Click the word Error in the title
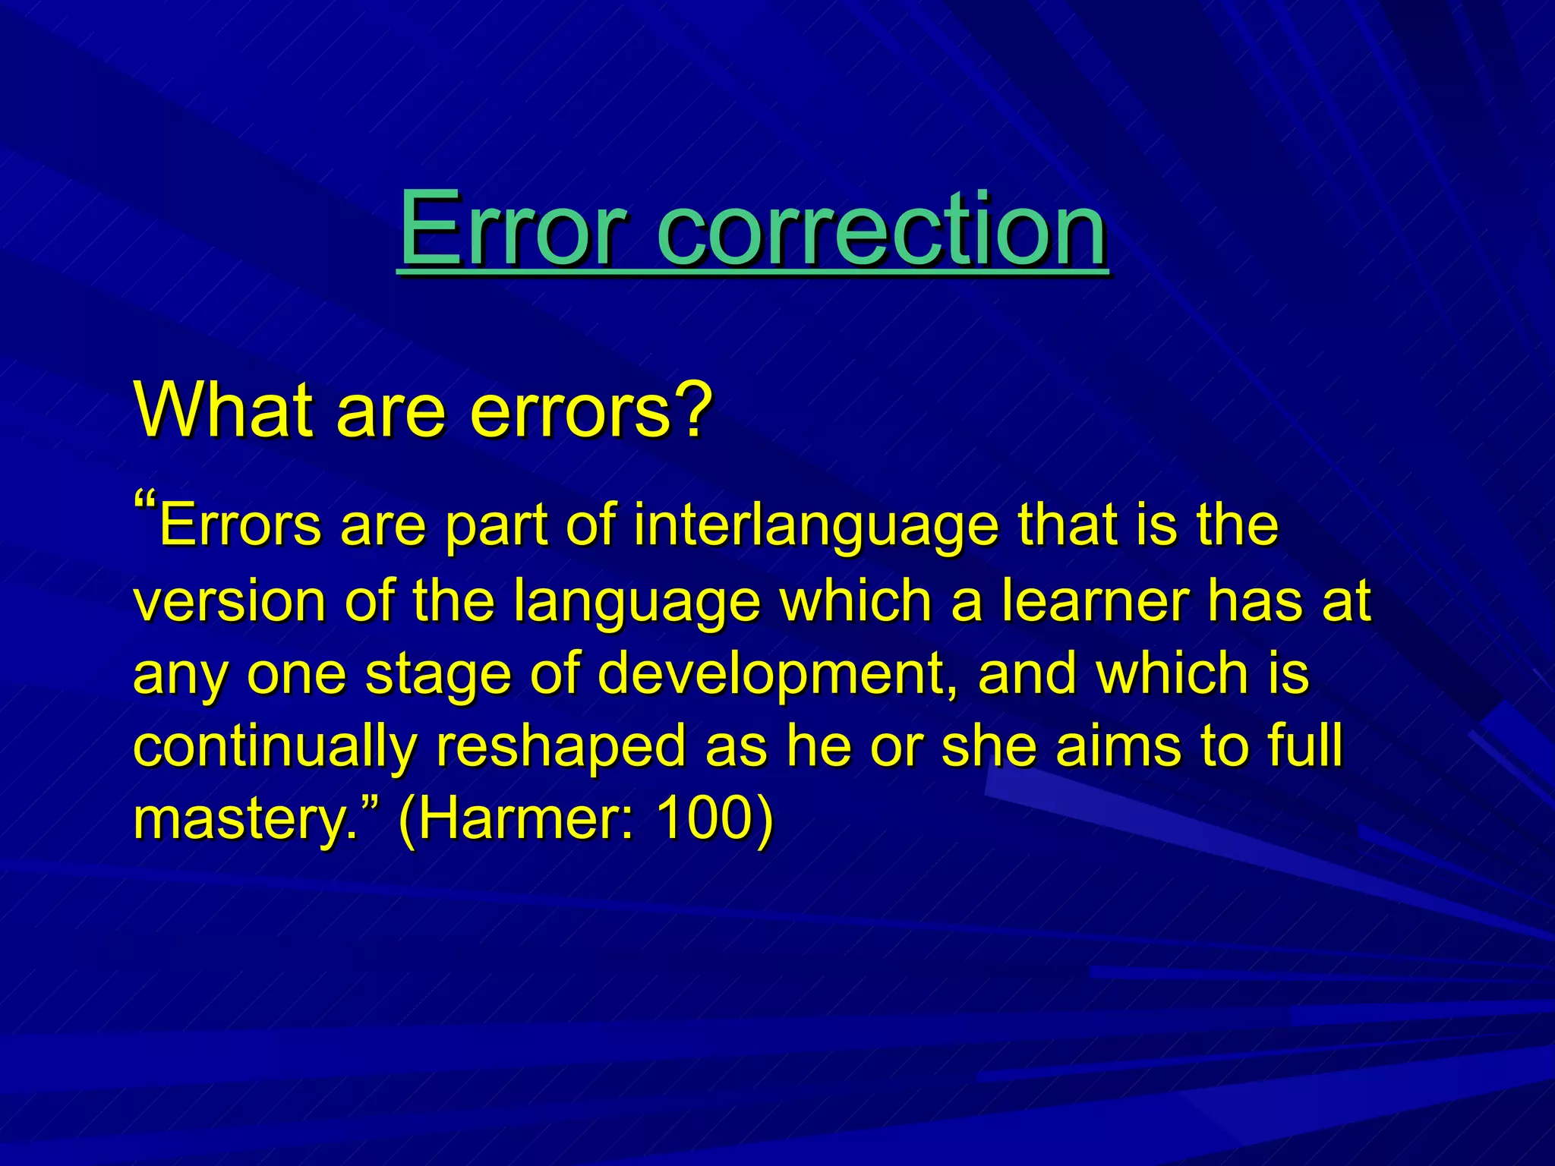[513, 229]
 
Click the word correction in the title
[881, 229]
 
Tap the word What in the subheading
[223, 410]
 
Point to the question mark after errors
[695, 410]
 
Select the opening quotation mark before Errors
[145, 503]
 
